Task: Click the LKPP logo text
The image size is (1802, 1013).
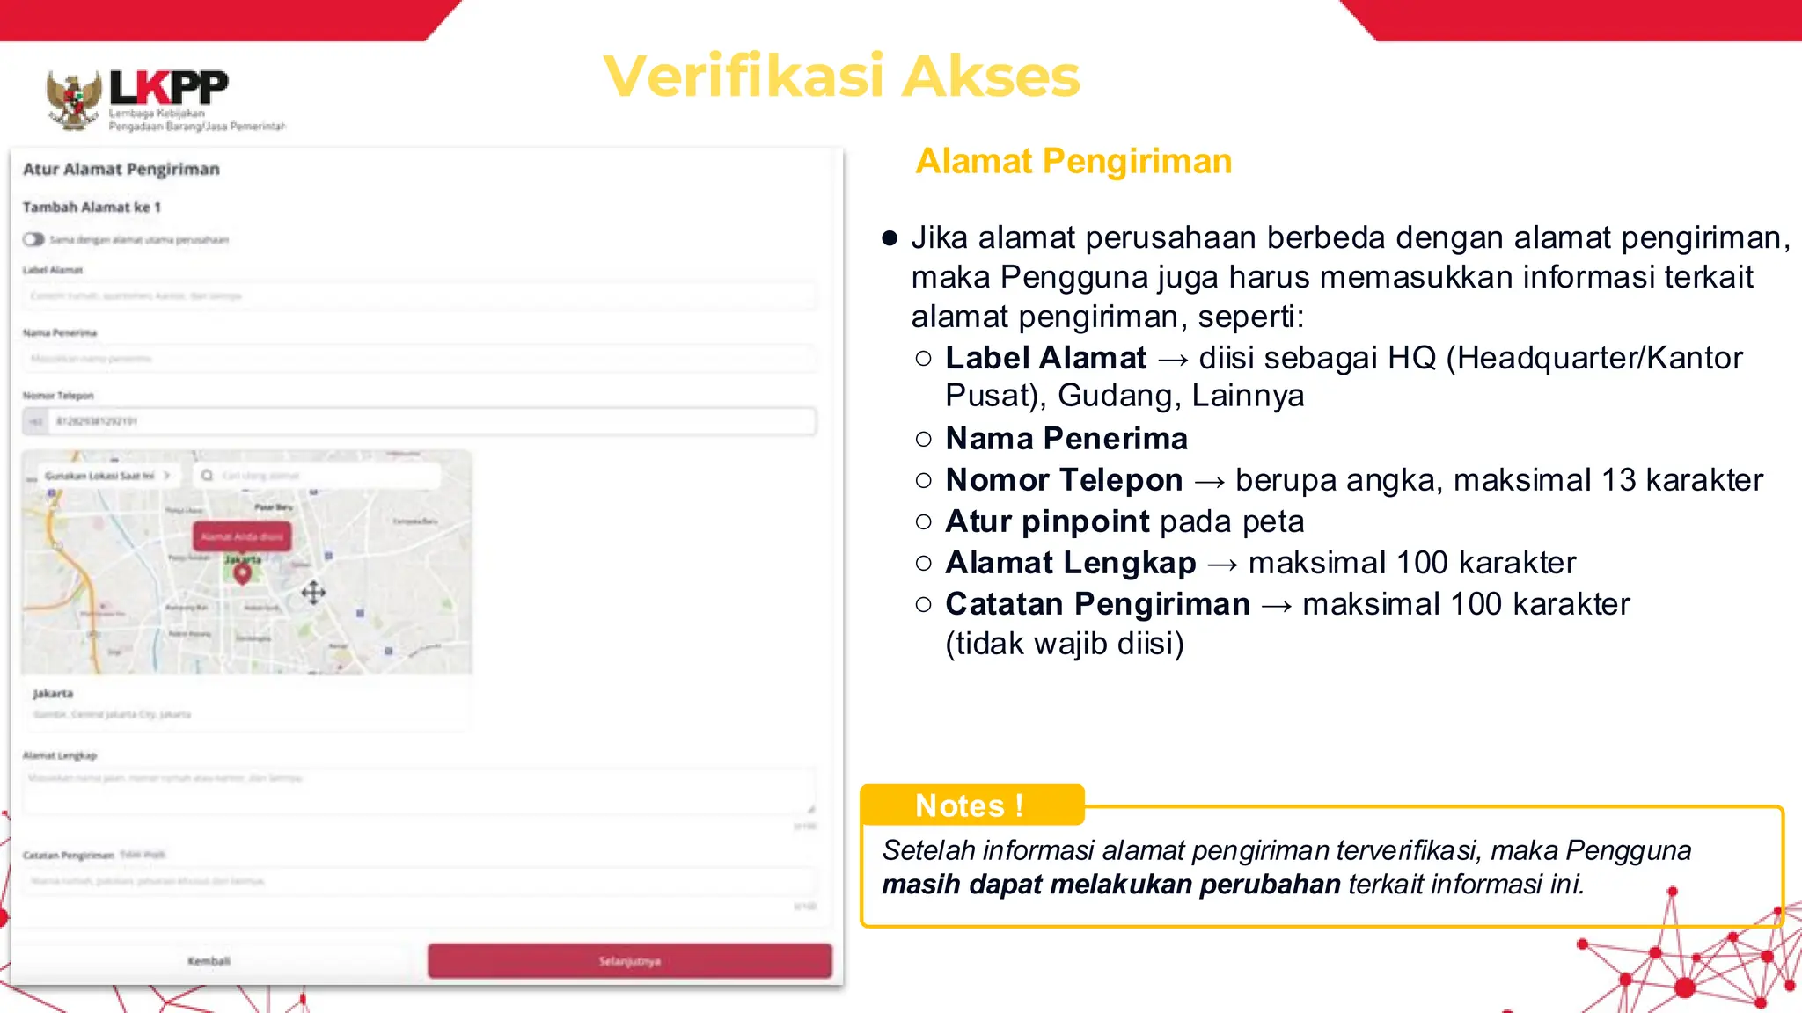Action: point(168,88)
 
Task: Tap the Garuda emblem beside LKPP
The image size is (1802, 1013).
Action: point(73,100)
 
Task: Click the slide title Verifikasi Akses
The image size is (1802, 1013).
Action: point(841,76)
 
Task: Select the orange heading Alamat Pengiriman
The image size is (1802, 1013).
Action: point(1073,162)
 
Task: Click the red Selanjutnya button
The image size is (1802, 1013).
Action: point(629,961)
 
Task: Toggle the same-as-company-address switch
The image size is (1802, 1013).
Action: point(33,239)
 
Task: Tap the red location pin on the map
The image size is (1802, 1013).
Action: point(242,574)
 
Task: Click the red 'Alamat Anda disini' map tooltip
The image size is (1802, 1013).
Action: point(242,536)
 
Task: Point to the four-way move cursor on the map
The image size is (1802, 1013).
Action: point(313,593)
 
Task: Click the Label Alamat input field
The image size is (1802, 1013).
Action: point(419,296)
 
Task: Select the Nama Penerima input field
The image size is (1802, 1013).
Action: point(419,359)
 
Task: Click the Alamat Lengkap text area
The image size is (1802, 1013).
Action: point(419,791)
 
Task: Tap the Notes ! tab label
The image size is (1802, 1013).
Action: point(969,805)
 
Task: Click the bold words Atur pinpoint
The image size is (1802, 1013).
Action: point(1047,521)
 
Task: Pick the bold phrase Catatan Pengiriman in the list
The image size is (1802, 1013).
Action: point(1097,604)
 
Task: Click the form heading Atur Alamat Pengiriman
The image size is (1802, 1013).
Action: point(121,169)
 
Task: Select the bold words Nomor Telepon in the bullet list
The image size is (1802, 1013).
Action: point(1064,480)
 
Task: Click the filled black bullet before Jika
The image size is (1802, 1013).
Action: point(890,238)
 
